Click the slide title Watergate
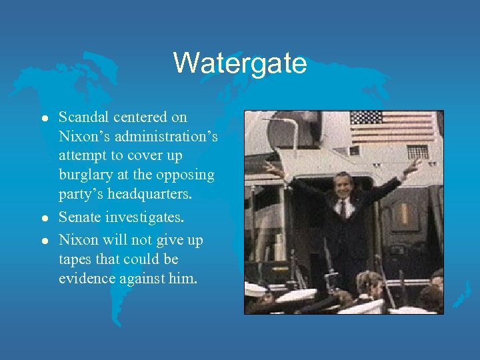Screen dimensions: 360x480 coord(240,63)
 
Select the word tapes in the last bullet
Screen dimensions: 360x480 coord(74,259)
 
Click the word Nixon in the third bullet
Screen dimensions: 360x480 coord(76,239)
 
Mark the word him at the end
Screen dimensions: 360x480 coord(183,279)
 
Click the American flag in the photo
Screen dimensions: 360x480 coord(393,127)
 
